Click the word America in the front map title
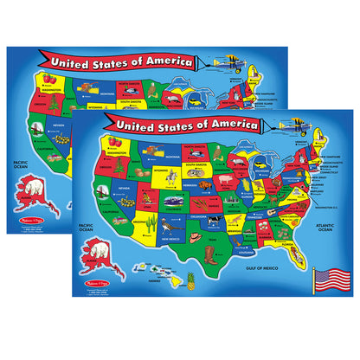pyautogui.click(x=227, y=125)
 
